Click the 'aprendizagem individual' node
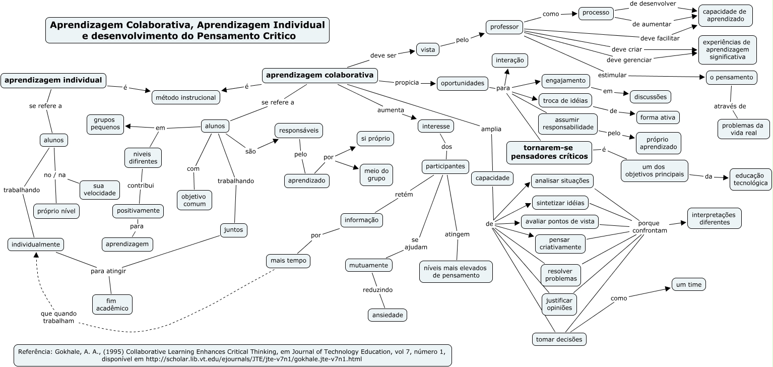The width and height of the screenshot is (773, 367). click(x=53, y=81)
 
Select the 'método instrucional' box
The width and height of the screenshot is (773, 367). click(x=185, y=98)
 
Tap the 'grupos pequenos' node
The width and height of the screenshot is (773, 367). click(x=105, y=124)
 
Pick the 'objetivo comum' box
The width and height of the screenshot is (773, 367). click(x=195, y=200)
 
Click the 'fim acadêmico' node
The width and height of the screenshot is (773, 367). click(x=112, y=304)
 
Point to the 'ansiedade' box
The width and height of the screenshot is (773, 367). click(x=388, y=315)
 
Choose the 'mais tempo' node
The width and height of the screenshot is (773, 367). click(x=288, y=261)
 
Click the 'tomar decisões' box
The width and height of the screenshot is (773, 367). click(x=559, y=339)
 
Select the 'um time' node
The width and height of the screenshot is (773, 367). click(x=689, y=284)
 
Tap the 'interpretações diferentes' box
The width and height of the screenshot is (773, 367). click(x=715, y=219)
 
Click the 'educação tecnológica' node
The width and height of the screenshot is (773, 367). click(x=750, y=179)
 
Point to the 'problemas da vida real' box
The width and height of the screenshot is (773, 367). click(x=744, y=129)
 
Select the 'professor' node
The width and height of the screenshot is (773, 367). click(x=504, y=27)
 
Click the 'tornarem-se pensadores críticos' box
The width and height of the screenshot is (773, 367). click(x=549, y=152)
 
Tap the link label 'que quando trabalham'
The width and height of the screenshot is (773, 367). click(x=58, y=317)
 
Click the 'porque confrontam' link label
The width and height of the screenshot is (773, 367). click(x=649, y=227)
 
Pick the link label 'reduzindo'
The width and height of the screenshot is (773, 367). click(x=377, y=290)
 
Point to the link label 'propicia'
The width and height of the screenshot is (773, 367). click(x=407, y=83)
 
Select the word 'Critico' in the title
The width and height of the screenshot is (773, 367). click(x=279, y=36)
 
